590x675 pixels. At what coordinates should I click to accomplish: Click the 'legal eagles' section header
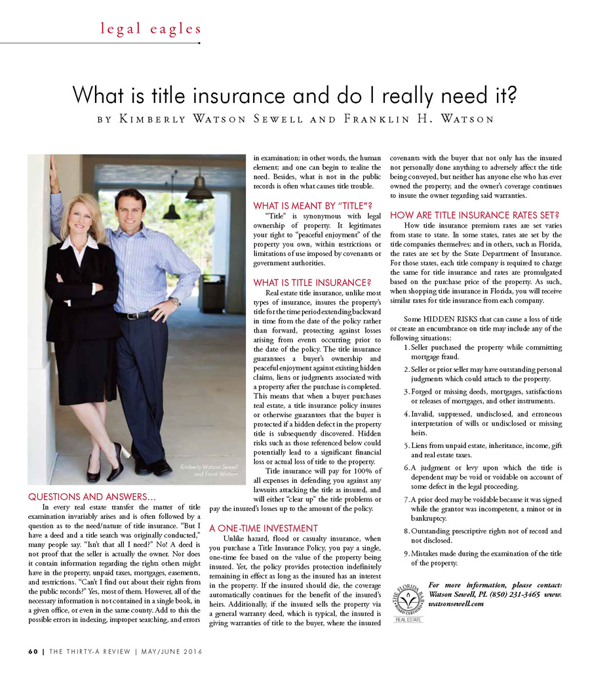150,28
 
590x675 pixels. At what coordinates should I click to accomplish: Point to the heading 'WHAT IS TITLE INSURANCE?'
312,283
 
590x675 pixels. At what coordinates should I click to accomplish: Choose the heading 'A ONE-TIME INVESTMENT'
263,528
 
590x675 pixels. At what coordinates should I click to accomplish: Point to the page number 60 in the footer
33,651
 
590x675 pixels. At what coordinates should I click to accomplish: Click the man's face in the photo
130,210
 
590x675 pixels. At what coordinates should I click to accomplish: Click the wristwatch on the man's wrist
174,302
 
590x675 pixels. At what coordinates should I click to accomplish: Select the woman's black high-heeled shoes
105,466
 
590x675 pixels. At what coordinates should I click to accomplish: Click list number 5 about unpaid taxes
407,445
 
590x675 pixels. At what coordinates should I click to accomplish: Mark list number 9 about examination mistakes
407,554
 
